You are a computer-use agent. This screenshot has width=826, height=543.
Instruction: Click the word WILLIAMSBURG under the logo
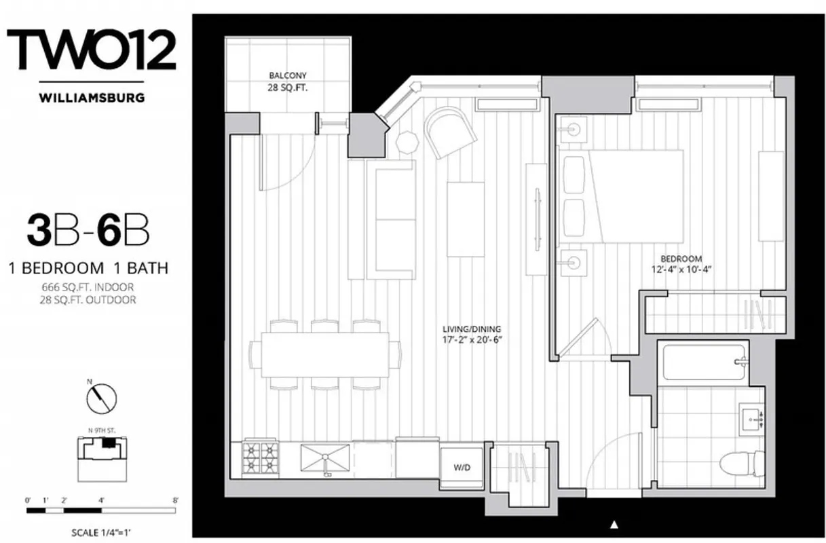[92, 97]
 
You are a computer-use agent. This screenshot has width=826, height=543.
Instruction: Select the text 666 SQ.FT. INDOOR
[88, 287]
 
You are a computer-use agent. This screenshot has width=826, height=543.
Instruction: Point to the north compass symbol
[103, 398]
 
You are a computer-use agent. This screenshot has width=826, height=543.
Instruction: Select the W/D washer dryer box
[462, 468]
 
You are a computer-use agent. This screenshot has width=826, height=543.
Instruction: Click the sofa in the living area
[391, 219]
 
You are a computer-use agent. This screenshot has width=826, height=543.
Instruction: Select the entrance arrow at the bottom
[615, 524]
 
